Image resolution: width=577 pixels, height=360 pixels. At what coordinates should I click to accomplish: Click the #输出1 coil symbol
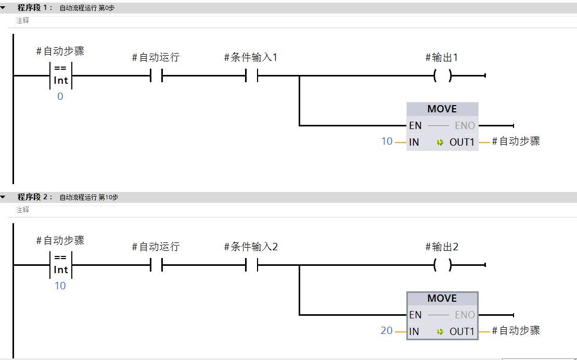pos(442,76)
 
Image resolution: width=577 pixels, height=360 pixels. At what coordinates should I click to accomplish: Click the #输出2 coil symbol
pos(442,265)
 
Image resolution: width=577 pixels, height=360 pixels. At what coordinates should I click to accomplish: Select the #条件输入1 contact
pos(251,76)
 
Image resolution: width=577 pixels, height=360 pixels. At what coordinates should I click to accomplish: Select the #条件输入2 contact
pos(251,265)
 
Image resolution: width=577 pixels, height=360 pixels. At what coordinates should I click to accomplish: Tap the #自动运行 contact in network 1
pos(156,76)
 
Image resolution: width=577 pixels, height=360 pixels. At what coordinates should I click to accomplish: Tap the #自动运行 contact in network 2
pos(156,265)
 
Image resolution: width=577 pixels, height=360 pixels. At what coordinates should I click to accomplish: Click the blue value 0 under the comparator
pos(60,96)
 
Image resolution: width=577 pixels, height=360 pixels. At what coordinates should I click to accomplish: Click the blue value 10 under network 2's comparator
pos(60,286)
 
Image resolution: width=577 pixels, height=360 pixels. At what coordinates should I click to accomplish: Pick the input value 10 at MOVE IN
pos(387,141)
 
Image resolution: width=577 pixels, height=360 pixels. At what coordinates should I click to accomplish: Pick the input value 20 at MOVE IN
pos(387,330)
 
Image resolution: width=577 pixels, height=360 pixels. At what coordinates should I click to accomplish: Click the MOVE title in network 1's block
pos(442,109)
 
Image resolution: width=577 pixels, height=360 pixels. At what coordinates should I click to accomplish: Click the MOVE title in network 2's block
pos(442,298)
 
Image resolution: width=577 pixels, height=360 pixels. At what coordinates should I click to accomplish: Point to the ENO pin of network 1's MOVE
pos(465,125)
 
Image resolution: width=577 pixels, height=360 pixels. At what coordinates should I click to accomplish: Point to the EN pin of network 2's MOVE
pos(415,315)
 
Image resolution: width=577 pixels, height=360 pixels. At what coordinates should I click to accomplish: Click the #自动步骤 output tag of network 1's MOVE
pos(516,141)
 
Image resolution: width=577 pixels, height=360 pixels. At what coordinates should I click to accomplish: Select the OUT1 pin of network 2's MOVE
pos(462,331)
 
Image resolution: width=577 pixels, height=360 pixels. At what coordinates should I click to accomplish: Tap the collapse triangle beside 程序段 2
pos(4,197)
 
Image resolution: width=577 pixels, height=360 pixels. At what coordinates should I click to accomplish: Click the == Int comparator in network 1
pos(61,75)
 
